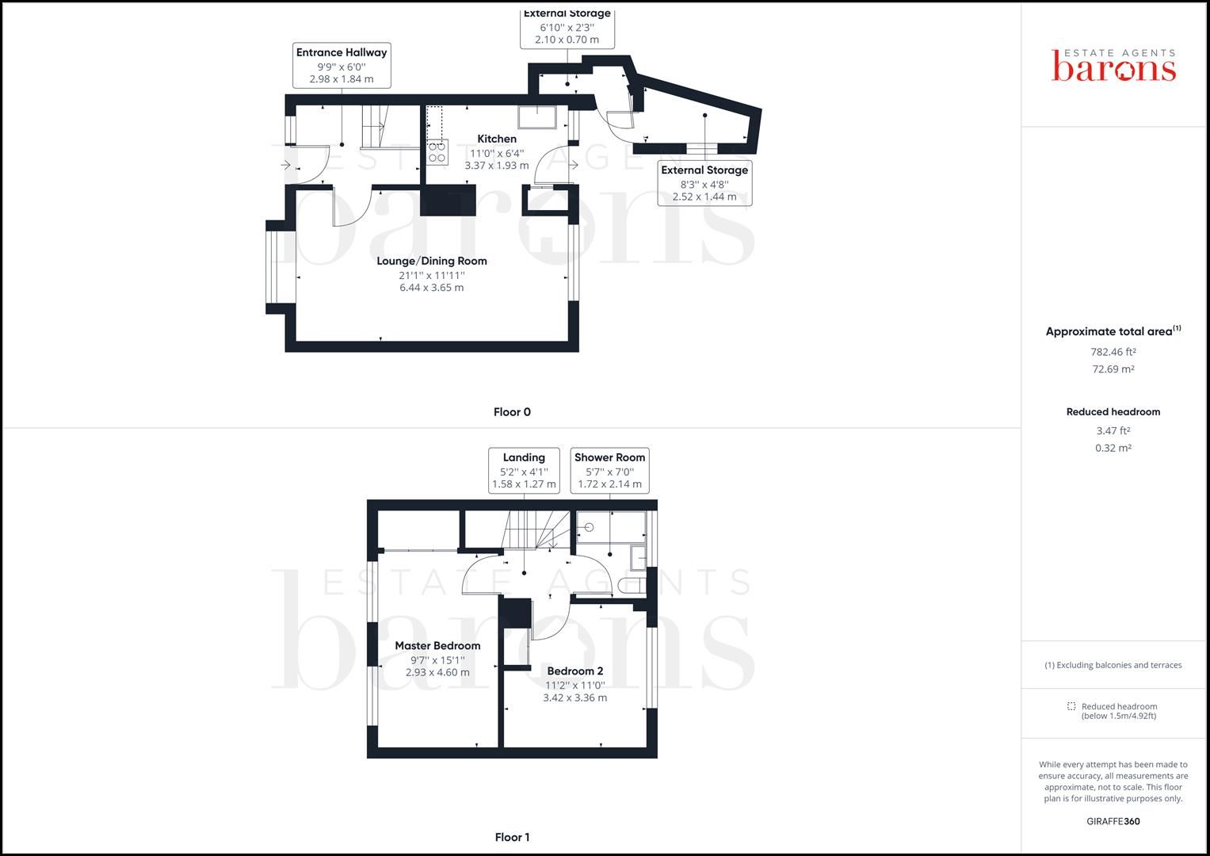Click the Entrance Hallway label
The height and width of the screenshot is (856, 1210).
pyautogui.click(x=342, y=52)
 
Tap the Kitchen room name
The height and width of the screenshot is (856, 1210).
pyautogui.click(x=497, y=139)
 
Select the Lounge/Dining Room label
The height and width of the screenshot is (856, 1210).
pyautogui.click(x=432, y=261)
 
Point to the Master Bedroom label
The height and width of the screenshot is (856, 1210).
pyautogui.click(x=437, y=645)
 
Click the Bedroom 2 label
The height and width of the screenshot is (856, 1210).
pyautogui.click(x=575, y=671)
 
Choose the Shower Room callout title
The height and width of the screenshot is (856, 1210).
pyautogui.click(x=609, y=457)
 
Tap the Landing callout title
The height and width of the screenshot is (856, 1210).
pyautogui.click(x=524, y=457)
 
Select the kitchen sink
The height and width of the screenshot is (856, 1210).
pyautogui.click(x=538, y=117)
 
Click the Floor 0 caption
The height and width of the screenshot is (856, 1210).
pyautogui.click(x=512, y=412)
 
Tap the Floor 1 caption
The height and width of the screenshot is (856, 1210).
pyautogui.click(x=512, y=837)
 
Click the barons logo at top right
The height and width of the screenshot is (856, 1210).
pyautogui.click(x=1113, y=66)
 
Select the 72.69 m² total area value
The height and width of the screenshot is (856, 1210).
pyautogui.click(x=1113, y=369)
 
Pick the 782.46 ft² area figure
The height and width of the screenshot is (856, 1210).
pyautogui.click(x=1113, y=352)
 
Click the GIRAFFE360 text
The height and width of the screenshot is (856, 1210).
pyautogui.click(x=1113, y=821)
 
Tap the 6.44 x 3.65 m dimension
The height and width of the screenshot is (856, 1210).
pyautogui.click(x=432, y=288)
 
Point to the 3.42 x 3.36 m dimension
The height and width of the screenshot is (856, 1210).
pyautogui.click(x=575, y=697)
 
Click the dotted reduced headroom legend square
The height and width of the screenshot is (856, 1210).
pyautogui.click(x=1071, y=706)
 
